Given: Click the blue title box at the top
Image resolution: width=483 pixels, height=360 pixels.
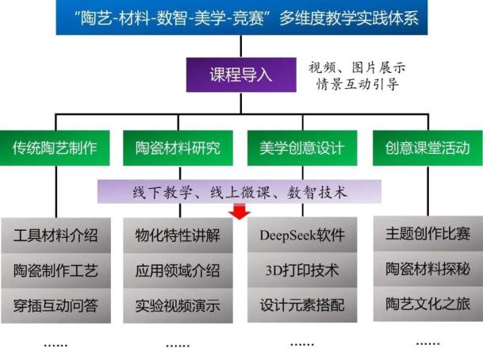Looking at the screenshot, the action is [x=242, y=17].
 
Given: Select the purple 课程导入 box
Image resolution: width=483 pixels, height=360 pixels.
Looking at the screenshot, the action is [x=241, y=75].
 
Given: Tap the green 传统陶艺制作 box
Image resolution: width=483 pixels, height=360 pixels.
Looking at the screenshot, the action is [x=55, y=148].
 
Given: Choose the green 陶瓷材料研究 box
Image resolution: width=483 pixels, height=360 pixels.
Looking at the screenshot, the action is [x=178, y=148].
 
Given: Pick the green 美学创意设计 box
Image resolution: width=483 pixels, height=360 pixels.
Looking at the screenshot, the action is [x=302, y=148].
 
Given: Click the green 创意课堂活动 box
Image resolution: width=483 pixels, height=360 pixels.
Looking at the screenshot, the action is [x=427, y=148].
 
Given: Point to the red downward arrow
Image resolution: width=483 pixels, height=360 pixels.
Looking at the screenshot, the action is [x=240, y=211].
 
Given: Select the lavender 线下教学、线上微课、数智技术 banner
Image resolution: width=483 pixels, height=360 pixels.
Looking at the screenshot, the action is [x=240, y=192].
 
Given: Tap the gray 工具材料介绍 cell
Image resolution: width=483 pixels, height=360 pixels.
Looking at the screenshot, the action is [x=56, y=236].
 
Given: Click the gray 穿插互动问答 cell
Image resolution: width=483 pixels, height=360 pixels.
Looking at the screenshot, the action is [x=56, y=306].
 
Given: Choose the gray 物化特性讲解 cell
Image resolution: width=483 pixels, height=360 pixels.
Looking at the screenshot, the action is [x=178, y=236].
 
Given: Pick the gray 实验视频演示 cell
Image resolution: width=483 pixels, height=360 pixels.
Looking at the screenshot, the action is [x=178, y=306].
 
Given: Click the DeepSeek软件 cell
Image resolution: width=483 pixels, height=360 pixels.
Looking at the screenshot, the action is [x=302, y=235].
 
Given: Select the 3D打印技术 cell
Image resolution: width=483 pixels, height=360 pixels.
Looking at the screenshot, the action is [x=302, y=270].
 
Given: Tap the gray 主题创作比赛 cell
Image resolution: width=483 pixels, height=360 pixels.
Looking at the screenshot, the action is [x=428, y=234].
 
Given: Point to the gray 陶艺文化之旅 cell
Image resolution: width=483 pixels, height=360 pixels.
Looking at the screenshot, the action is [x=428, y=304].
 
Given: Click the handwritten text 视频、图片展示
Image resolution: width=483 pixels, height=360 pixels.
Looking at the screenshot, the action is [x=357, y=67].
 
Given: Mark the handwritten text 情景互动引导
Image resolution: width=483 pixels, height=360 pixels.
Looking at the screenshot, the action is [x=358, y=84].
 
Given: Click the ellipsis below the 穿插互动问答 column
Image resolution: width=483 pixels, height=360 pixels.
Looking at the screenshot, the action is [x=56, y=346].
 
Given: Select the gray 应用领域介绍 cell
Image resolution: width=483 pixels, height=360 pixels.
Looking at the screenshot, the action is [x=178, y=270].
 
